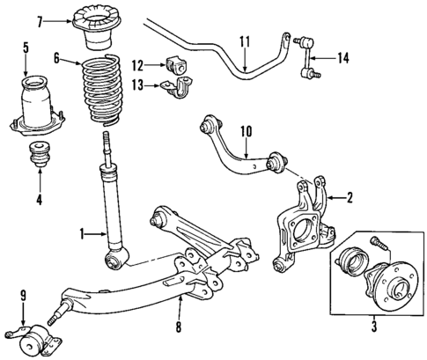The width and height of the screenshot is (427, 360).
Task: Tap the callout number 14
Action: [342, 59]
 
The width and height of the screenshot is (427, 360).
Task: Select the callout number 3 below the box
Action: [373, 328]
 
